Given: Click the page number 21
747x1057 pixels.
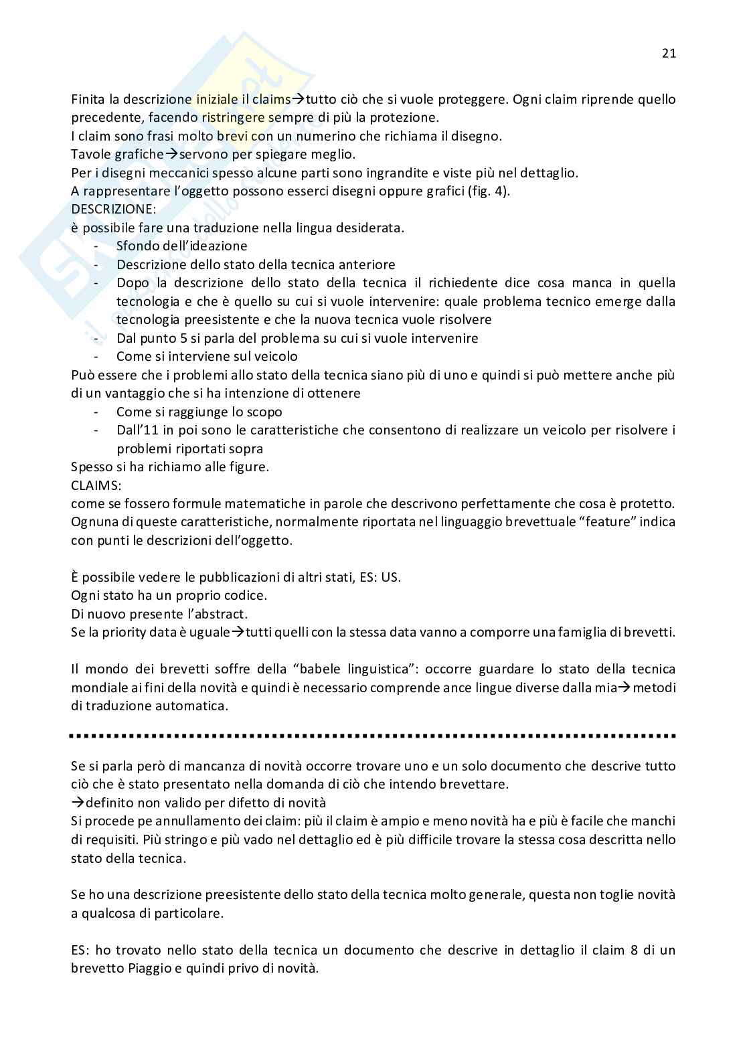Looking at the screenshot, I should [x=669, y=54].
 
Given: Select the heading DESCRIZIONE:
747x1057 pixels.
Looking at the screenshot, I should [x=113, y=209].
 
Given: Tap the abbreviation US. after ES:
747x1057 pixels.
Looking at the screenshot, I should [x=391, y=577].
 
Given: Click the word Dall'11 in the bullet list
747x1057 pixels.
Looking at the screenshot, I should [x=137, y=430].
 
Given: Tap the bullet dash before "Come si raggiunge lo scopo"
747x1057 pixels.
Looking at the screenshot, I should [x=98, y=412].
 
